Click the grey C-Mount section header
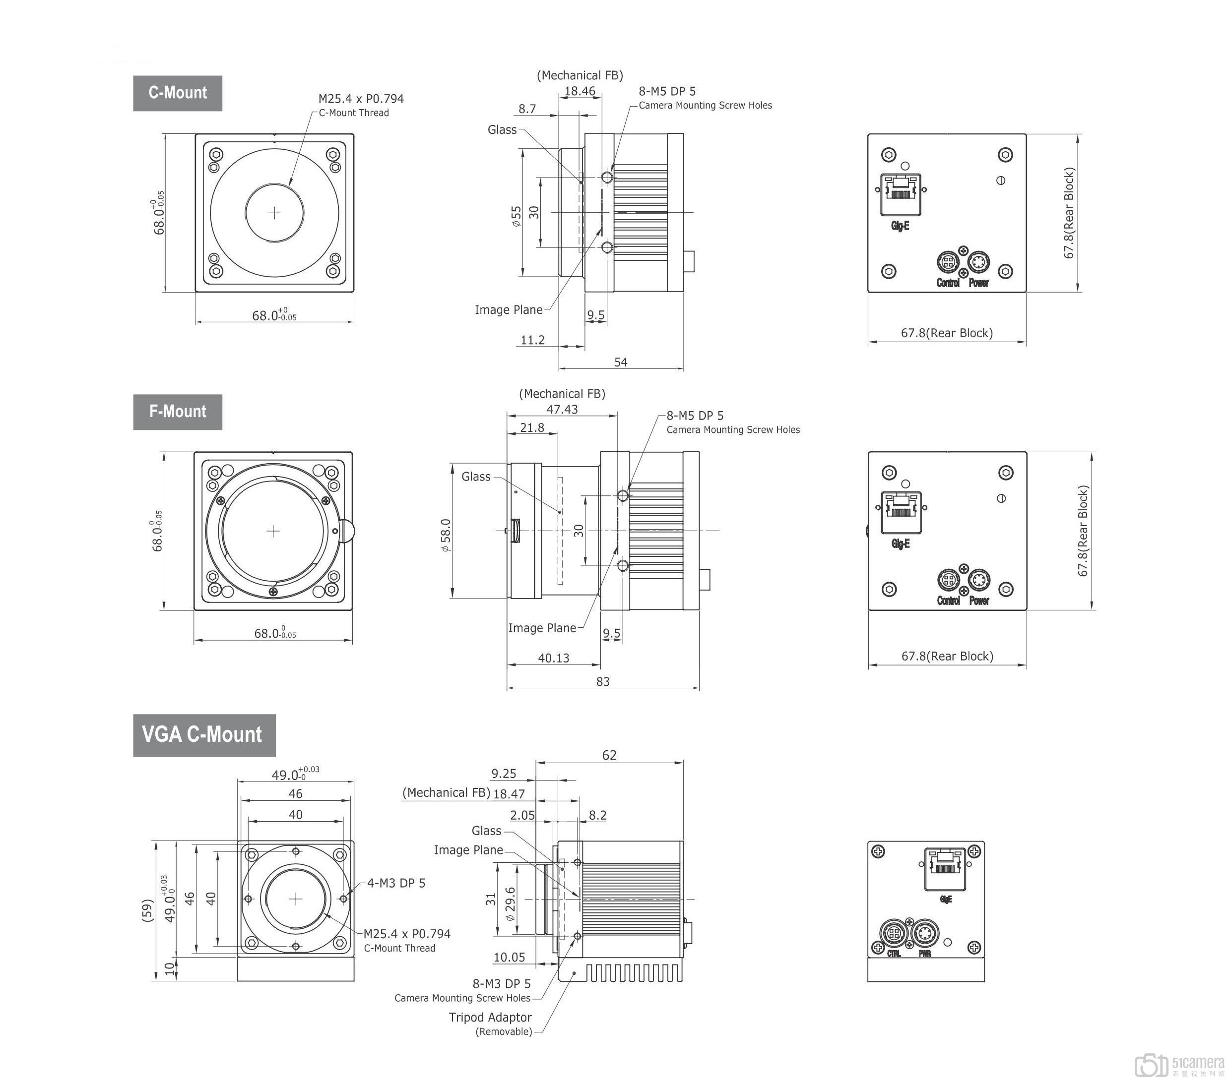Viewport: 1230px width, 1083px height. point(178,93)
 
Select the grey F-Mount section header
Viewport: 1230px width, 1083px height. point(178,412)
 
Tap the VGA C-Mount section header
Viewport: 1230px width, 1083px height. point(204,735)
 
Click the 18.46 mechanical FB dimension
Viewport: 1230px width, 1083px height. point(580,91)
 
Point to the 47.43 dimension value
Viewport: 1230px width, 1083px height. point(562,410)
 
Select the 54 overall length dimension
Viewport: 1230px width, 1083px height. point(620,362)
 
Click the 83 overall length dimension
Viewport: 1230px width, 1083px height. point(603,681)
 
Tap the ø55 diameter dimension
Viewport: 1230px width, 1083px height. point(517,216)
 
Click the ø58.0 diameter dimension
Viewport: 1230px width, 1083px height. point(446,536)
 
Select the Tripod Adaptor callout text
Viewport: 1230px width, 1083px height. point(490,1018)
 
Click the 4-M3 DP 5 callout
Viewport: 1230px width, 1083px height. point(396,883)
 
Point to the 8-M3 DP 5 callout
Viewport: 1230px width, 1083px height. point(501,984)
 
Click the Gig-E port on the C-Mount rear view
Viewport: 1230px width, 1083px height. point(900,194)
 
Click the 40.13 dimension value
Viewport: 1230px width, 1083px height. point(554,658)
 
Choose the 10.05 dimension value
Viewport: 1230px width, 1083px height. point(509,958)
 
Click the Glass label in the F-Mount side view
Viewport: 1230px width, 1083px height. point(476,477)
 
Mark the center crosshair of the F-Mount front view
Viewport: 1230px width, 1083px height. point(273,531)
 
